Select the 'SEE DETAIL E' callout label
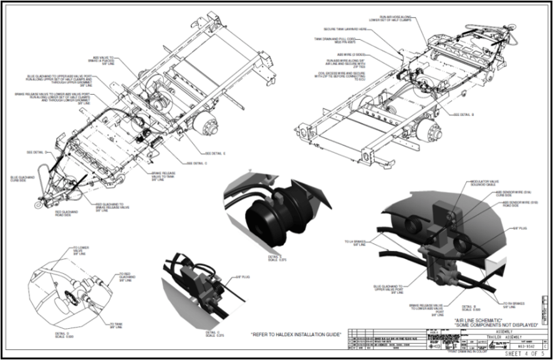pos(216,153)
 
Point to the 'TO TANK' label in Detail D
pos(116,325)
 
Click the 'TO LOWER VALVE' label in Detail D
pos(81,250)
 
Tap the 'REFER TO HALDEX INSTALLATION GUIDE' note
pos(296,335)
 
